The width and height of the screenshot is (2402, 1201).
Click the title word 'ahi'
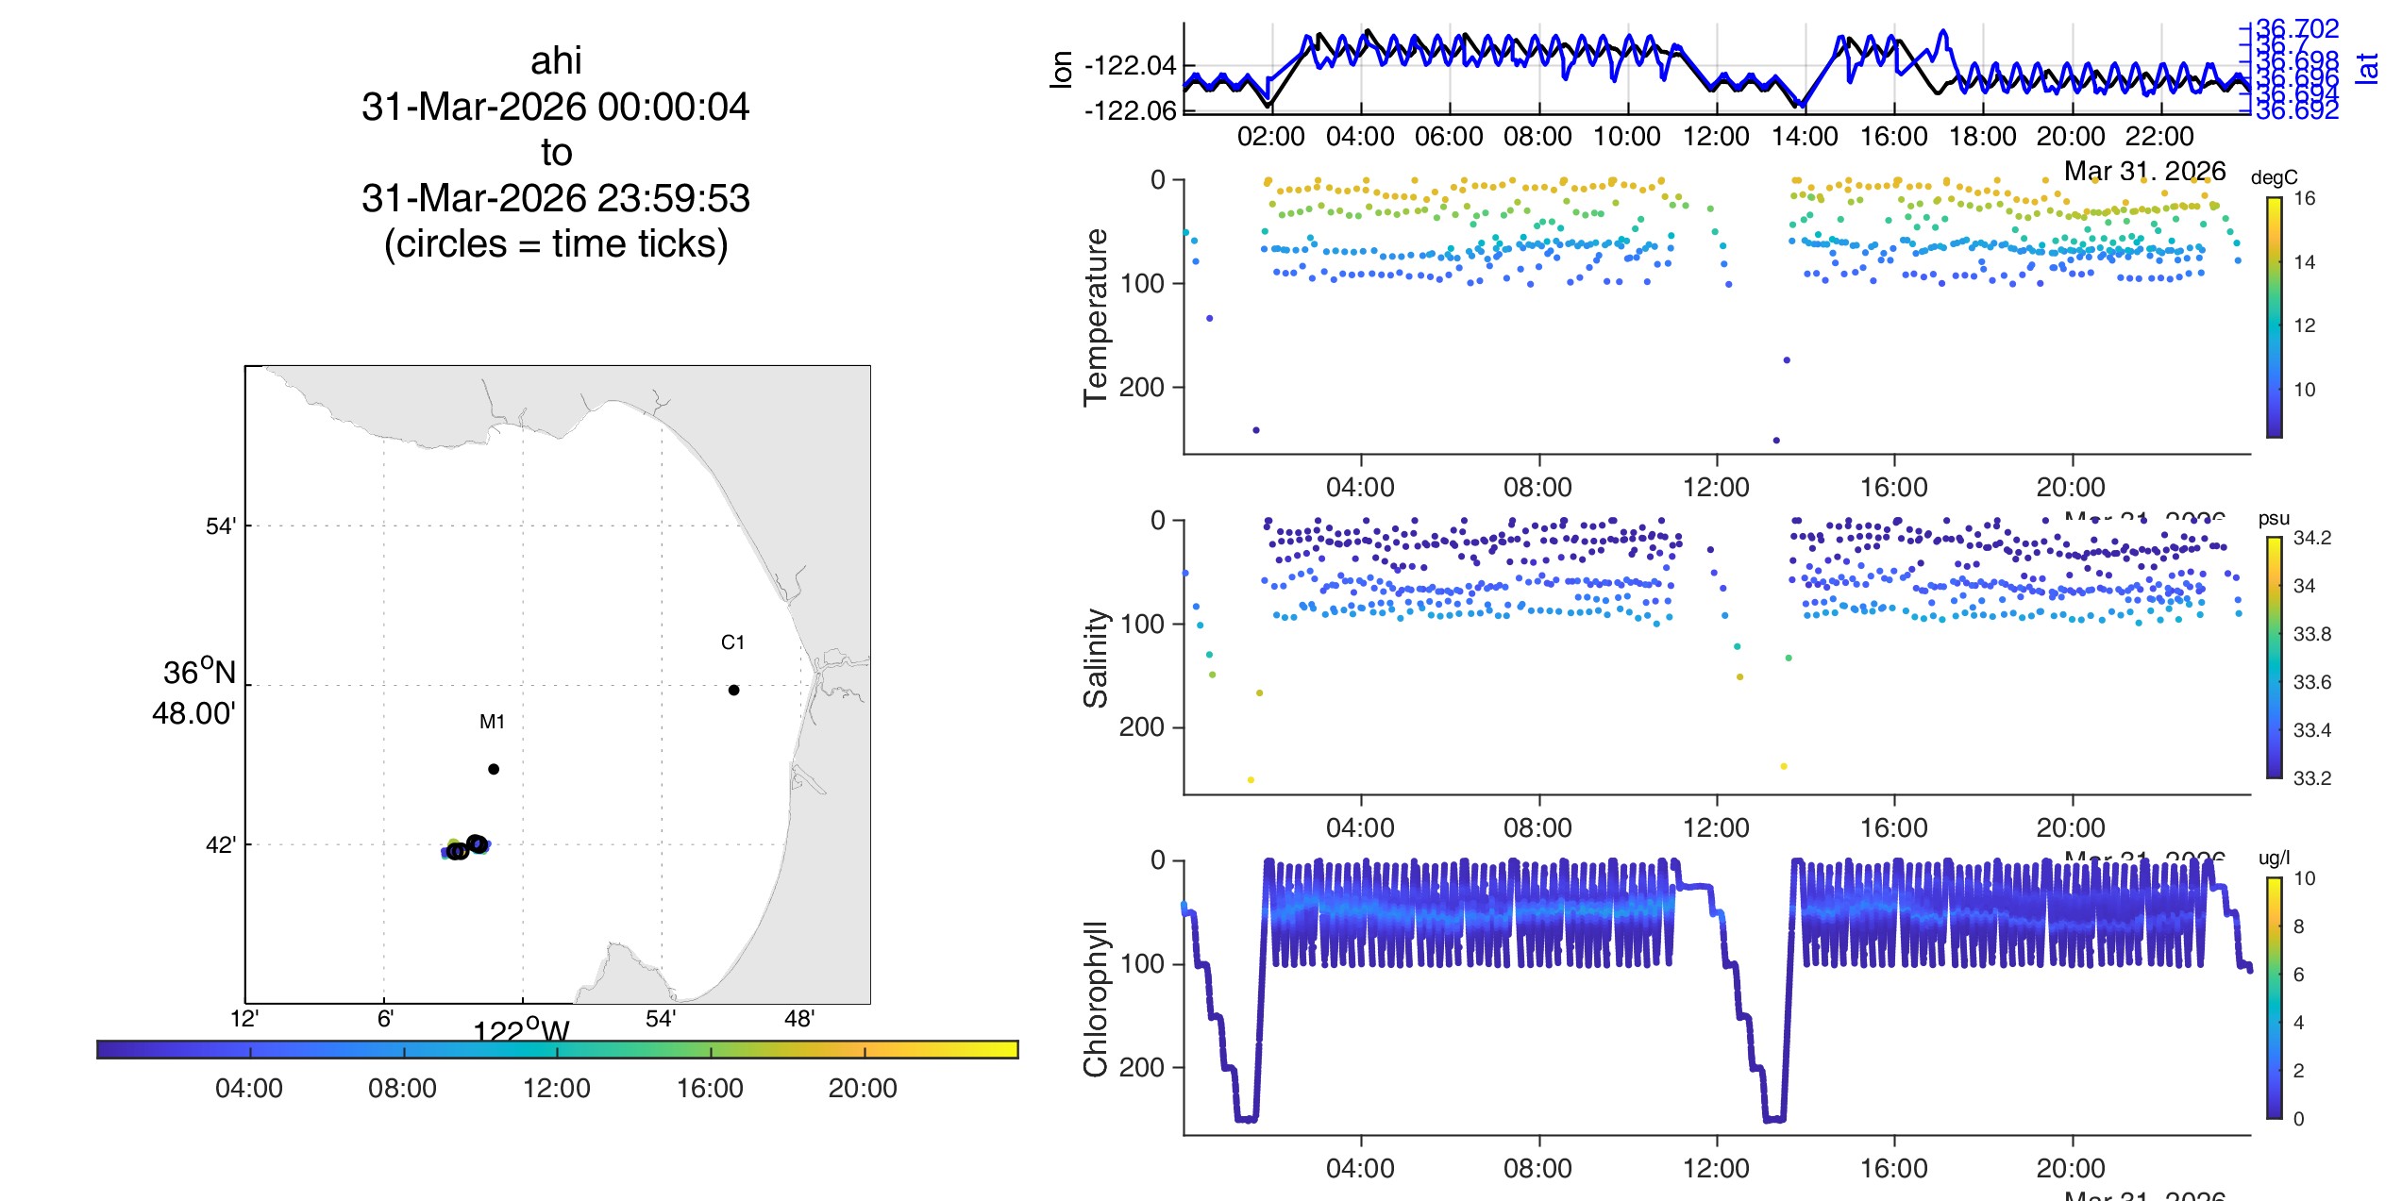click(556, 61)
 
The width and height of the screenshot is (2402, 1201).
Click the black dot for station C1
click(733, 690)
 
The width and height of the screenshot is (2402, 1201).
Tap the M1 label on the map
click(492, 722)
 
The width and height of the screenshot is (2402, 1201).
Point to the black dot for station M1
click(494, 769)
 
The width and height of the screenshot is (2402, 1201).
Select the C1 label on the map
click(732, 642)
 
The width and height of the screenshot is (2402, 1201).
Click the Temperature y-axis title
click(1095, 317)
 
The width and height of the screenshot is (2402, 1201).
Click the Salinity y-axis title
click(1095, 658)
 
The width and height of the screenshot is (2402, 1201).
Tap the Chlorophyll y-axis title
click(1095, 998)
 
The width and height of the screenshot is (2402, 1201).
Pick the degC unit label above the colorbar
click(2274, 177)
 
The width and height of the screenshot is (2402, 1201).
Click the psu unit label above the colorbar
click(2274, 518)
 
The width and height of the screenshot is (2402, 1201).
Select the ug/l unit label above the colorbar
click(2274, 858)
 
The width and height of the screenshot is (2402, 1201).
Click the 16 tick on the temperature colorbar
click(2304, 198)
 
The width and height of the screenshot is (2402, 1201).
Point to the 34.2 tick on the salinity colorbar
click(2311, 538)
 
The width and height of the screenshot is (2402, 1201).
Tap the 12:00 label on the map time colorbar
click(557, 1088)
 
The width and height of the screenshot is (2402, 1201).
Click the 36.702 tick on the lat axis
click(2296, 29)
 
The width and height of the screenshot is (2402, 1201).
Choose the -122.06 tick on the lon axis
click(1131, 111)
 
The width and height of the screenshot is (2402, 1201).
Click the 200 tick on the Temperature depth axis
click(1142, 387)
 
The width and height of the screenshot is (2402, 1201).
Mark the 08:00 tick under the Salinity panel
click(1537, 827)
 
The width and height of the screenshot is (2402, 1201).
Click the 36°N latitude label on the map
click(199, 673)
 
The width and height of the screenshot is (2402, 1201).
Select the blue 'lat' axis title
click(2366, 68)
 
